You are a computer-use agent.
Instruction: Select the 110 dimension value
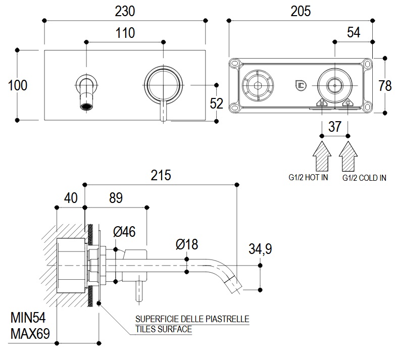click(125, 33)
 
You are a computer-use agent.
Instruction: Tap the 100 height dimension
click(17, 85)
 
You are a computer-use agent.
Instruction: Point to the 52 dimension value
click(217, 104)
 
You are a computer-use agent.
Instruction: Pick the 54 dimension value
click(354, 33)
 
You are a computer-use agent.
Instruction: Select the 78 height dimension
click(385, 85)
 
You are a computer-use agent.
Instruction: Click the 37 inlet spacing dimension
click(335, 127)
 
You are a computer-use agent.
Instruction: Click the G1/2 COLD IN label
click(364, 178)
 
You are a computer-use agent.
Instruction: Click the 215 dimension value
click(161, 176)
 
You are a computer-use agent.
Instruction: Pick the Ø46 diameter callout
click(124, 232)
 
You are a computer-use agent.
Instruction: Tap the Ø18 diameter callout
click(187, 244)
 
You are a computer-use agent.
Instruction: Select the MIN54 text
click(28, 318)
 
